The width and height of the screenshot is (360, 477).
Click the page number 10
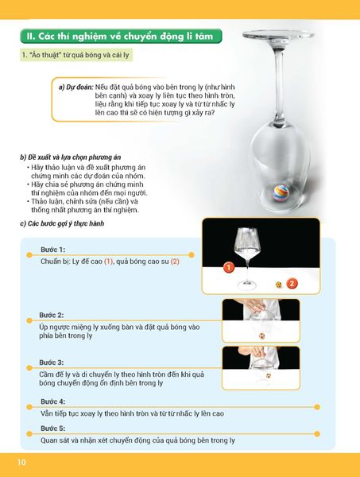(x=13, y=461)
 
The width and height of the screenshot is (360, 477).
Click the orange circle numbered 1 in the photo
(x=228, y=269)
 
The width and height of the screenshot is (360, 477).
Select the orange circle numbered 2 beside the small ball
(x=292, y=283)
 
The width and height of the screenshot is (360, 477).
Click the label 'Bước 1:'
(x=52, y=250)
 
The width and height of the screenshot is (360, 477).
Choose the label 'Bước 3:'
(x=52, y=362)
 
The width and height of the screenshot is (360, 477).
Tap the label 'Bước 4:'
(x=52, y=402)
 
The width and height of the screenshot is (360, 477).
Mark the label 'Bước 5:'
(x=52, y=429)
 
